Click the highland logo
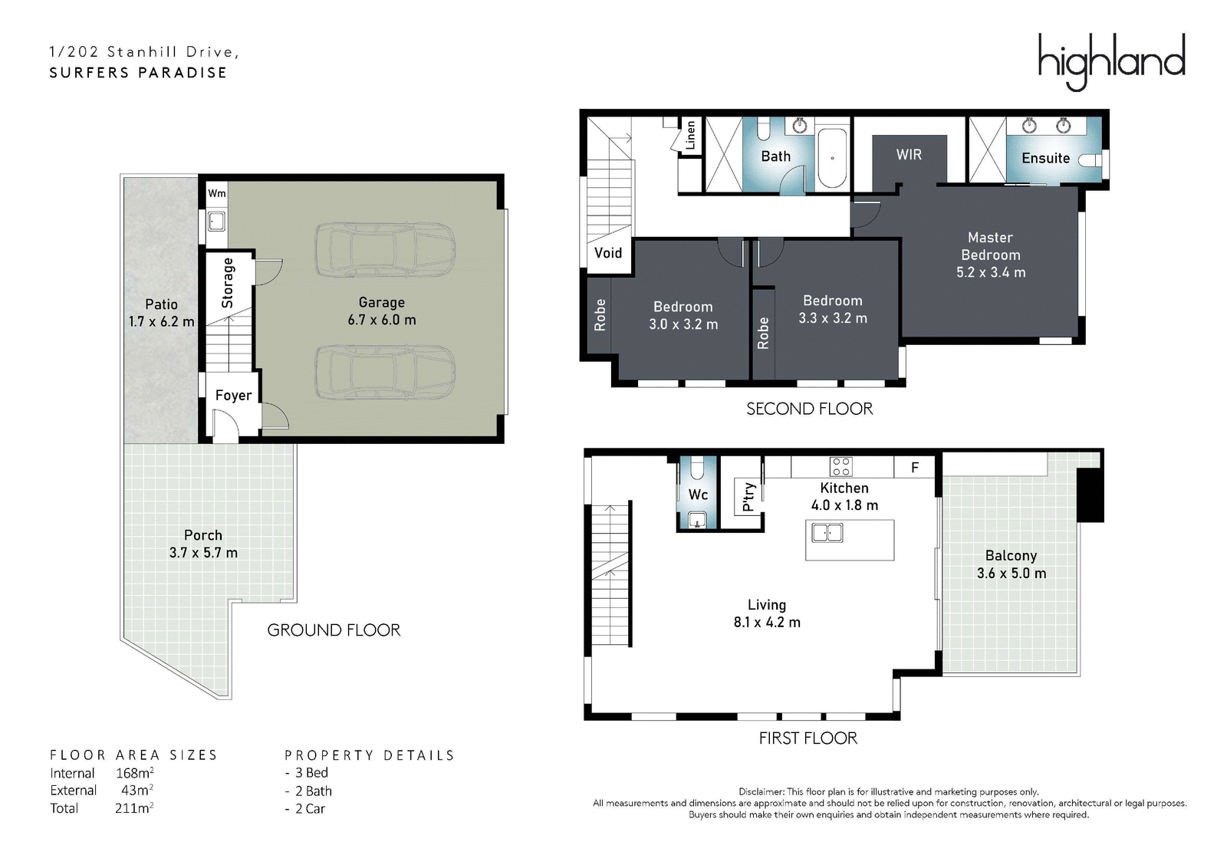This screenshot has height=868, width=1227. tap(1111, 62)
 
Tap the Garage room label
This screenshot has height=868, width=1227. tap(382, 302)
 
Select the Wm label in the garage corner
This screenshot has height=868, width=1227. tap(216, 193)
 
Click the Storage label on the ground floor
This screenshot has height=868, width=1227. tap(227, 283)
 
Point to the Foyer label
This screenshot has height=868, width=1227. tap(233, 396)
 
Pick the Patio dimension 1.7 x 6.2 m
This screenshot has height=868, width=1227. tap(162, 321)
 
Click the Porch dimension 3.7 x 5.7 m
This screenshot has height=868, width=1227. tap(203, 553)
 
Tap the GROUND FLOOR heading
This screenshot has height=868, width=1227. tap(334, 630)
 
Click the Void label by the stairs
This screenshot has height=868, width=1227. tap(608, 253)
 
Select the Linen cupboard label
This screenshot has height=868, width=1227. tap(690, 135)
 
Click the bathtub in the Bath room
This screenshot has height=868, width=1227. tap(832, 158)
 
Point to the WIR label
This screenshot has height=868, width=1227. tap(909, 155)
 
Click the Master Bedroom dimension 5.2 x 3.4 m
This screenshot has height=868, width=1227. tap(991, 272)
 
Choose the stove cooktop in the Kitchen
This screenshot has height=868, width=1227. tap(840, 466)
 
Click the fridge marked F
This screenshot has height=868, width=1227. tap(914, 467)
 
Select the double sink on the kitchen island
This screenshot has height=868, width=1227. tap(827, 533)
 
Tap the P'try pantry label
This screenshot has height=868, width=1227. tap(748, 497)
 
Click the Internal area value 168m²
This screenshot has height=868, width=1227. tap(135, 773)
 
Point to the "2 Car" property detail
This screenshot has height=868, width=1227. tap(306, 809)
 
